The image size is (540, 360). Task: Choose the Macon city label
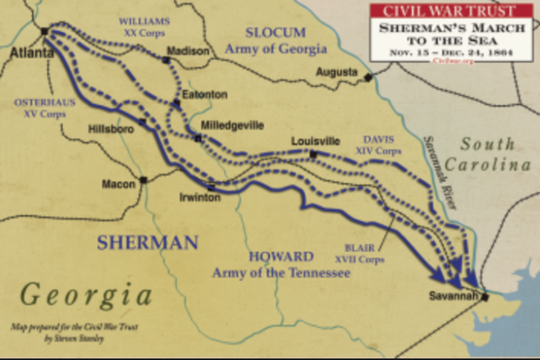(117, 182)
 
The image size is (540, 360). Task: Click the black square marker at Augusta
(369, 78)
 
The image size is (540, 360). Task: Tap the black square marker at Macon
(143, 180)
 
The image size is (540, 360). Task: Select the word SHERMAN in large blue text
(148, 243)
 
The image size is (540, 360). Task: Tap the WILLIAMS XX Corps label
(144, 25)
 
